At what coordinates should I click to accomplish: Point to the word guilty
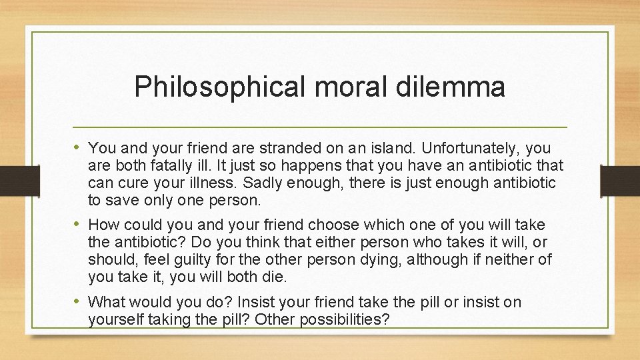[x=188, y=260]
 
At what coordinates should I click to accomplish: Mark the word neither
[x=510, y=260]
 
